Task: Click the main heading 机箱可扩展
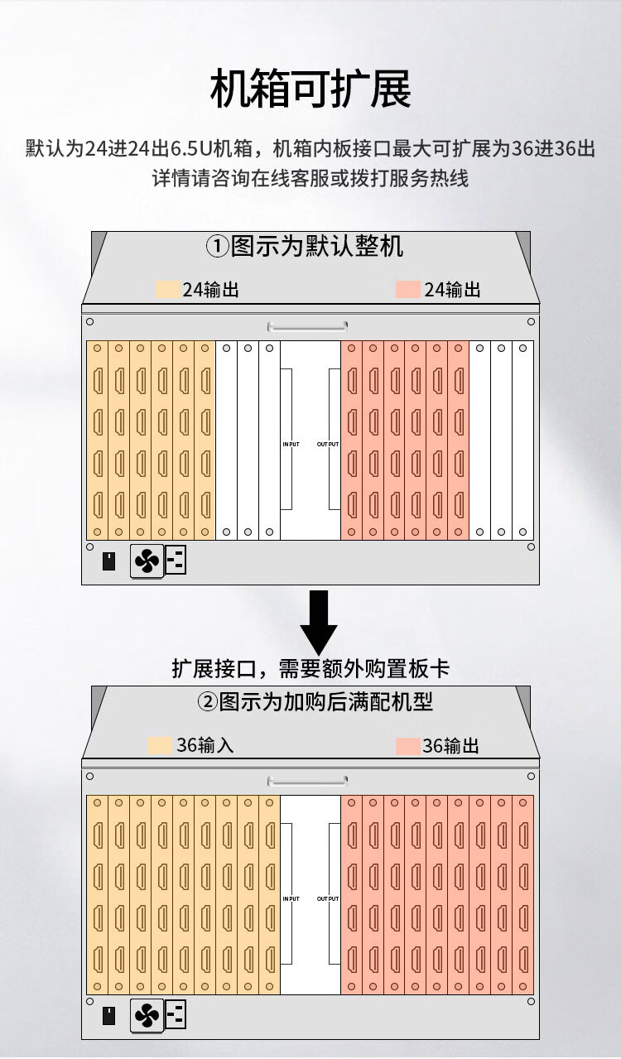click(310, 89)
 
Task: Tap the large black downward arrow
click(319, 622)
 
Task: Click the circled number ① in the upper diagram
click(218, 246)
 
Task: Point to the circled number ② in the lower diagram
click(207, 701)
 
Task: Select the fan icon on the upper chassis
click(147, 561)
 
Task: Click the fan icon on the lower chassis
click(147, 1015)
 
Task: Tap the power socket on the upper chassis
click(176, 561)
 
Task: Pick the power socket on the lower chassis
click(176, 1014)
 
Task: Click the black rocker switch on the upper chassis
click(109, 561)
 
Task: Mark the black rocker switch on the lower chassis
click(109, 1016)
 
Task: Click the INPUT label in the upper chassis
click(291, 444)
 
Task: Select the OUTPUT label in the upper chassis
click(328, 444)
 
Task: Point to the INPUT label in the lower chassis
click(291, 898)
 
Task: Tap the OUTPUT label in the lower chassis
click(328, 898)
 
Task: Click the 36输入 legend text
click(205, 745)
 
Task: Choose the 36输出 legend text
click(451, 745)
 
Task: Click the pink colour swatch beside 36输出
click(408, 746)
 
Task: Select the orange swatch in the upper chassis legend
click(168, 289)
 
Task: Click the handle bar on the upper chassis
click(308, 326)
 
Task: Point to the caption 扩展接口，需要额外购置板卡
click(310, 669)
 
